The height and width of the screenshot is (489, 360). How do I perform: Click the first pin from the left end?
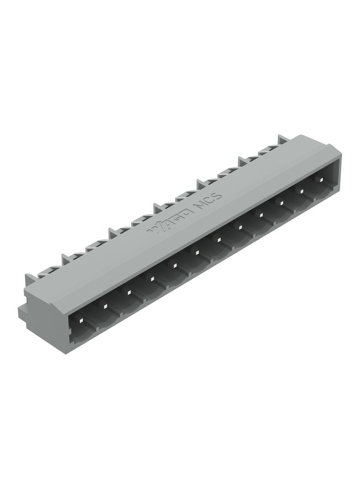81,320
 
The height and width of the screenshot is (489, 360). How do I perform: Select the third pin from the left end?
127,292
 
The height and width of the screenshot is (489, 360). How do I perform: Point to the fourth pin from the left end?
150,278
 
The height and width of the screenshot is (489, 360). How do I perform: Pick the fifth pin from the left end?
173,264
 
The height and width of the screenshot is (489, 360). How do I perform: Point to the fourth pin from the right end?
260,214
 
